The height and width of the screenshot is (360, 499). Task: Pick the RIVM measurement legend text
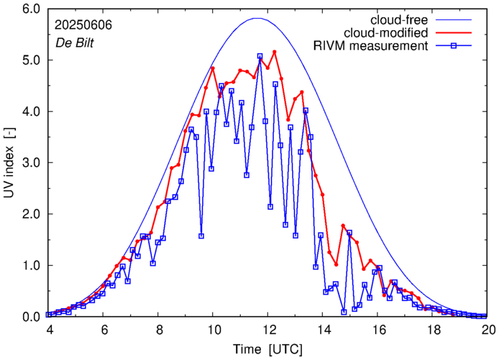click(x=370, y=47)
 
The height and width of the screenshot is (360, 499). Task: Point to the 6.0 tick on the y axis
click(x=28, y=9)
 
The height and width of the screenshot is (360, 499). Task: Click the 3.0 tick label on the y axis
click(x=28, y=163)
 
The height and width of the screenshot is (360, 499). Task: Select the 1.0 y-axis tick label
click(x=28, y=266)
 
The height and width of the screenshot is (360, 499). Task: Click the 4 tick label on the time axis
click(x=49, y=329)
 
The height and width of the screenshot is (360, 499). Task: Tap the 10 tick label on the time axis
click(x=214, y=329)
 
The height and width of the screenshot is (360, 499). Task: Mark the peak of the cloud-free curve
click(x=258, y=19)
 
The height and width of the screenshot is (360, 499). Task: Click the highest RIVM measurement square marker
click(x=260, y=56)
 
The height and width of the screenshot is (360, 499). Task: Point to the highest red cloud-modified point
click(x=274, y=52)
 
